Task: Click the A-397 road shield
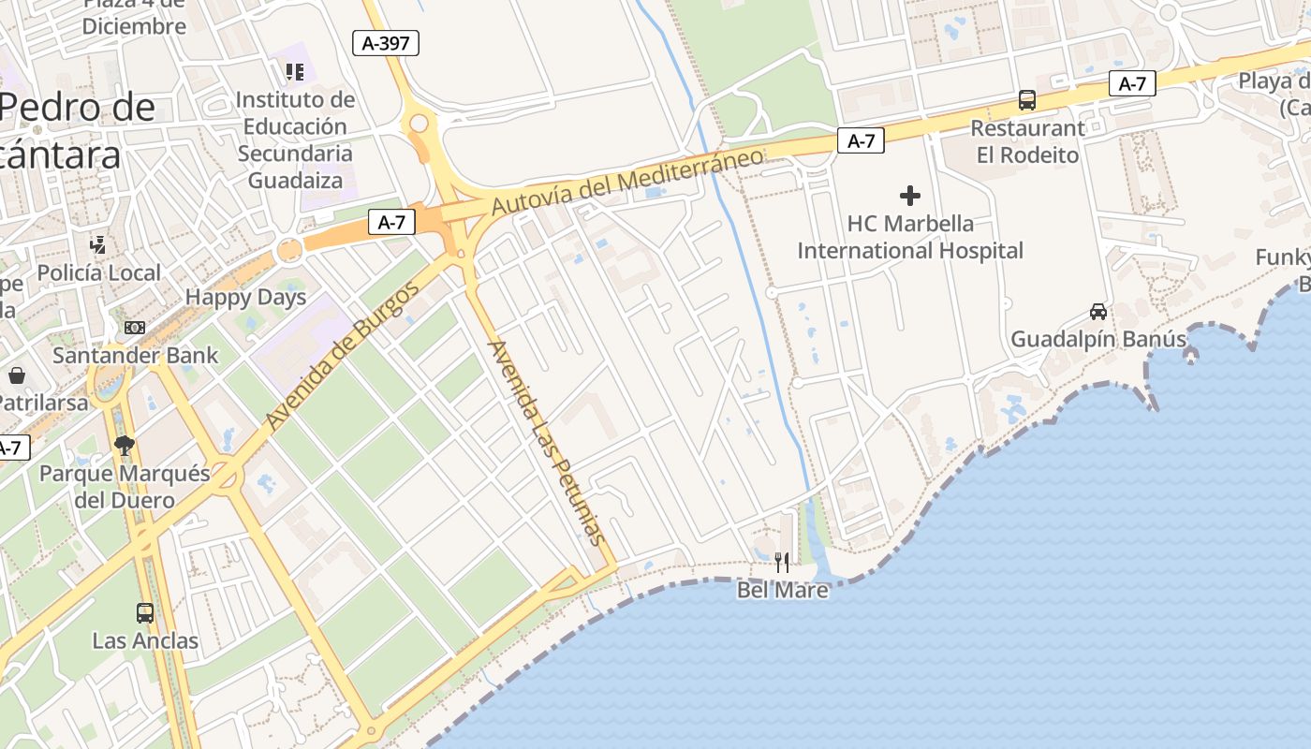pyautogui.click(x=386, y=42)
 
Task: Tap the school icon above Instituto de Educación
pyautogui.click(x=295, y=71)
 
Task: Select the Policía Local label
pyautogui.click(x=99, y=273)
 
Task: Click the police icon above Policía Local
pyautogui.click(x=97, y=245)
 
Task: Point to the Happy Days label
pyautogui.click(x=245, y=298)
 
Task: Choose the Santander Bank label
pyautogui.click(x=135, y=356)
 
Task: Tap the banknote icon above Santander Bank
pyautogui.click(x=135, y=328)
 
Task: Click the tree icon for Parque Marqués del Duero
pyautogui.click(x=124, y=445)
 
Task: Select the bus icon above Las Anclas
pyautogui.click(x=145, y=613)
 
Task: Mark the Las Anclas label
pyautogui.click(x=145, y=641)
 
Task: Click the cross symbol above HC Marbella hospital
pyautogui.click(x=909, y=196)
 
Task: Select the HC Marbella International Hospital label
pyautogui.click(x=909, y=238)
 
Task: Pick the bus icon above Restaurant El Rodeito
pyautogui.click(x=1027, y=100)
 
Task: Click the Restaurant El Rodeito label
pyautogui.click(x=1027, y=141)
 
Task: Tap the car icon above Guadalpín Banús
pyautogui.click(x=1098, y=311)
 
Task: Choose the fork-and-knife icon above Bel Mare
pyautogui.click(x=782, y=562)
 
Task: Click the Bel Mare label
pyautogui.click(x=782, y=591)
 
